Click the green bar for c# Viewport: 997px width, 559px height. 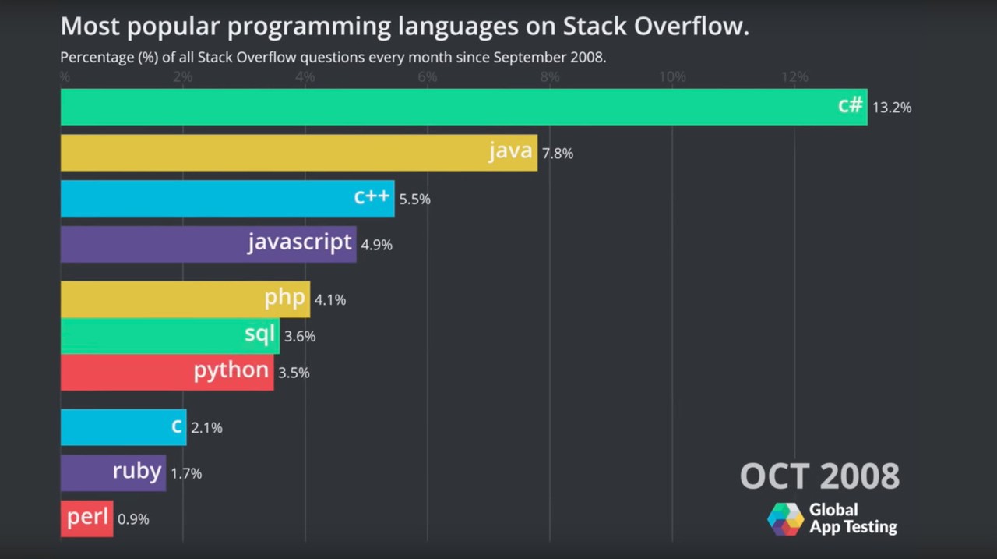coord(463,107)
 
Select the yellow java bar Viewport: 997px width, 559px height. coord(298,153)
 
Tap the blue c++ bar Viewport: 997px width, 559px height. coord(227,199)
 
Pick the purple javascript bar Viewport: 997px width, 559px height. coord(208,244)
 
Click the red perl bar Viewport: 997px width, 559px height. coord(86,518)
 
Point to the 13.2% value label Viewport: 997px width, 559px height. coord(892,108)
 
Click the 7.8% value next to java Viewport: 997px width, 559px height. coord(558,154)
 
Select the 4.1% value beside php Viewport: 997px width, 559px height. coord(330,299)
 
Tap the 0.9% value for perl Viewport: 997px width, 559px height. coord(133,519)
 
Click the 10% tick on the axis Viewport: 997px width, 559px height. coord(672,77)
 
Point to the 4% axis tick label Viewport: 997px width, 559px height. coord(305,77)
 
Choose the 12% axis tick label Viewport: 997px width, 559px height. coord(794,77)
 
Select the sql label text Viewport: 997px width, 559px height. coord(259,335)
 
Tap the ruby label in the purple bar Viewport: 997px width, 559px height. coord(137,472)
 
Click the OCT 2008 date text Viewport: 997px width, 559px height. coord(819,476)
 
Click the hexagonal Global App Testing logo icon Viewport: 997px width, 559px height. coord(785,519)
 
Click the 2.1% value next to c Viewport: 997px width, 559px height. coord(206,427)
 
